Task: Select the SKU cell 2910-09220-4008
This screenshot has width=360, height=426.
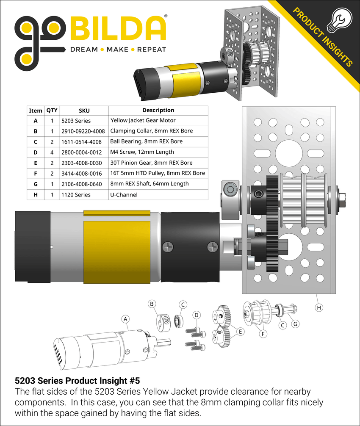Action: tap(83, 131)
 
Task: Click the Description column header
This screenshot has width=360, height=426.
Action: tap(158, 110)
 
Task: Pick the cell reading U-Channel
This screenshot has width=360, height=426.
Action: tap(123, 194)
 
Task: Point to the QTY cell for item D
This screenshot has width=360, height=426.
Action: tap(52, 152)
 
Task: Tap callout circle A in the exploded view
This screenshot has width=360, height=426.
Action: tap(125, 318)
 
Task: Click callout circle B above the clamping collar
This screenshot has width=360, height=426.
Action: tap(152, 303)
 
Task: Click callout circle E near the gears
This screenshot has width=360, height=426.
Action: tap(240, 332)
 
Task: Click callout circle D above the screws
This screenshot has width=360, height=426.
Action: tap(197, 315)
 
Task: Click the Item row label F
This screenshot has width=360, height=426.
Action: tap(36, 174)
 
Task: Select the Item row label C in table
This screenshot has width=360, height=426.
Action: tap(36, 142)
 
